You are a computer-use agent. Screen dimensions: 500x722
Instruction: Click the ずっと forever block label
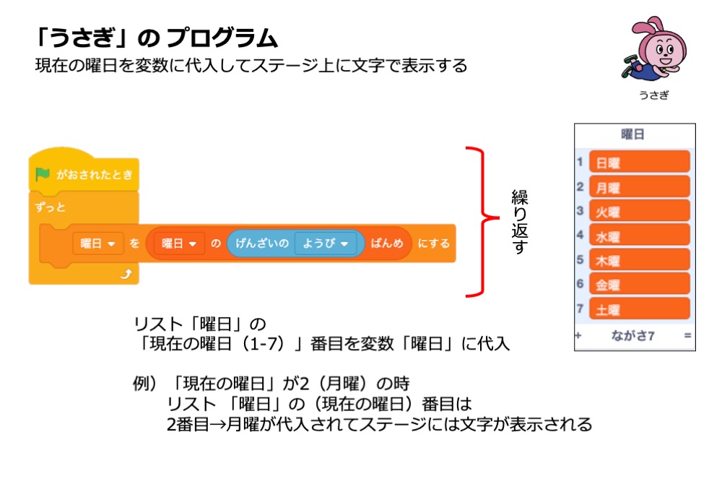pyautogui.click(x=51, y=208)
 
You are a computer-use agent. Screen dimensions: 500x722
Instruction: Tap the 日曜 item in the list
pyautogui.click(x=639, y=163)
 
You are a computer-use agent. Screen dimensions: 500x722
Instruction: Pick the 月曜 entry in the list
pyautogui.click(x=639, y=187)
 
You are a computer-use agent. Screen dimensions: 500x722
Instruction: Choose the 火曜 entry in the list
pyautogui.click(x=639, y=212)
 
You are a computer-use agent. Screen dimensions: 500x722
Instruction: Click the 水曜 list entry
pyautogui.click(x=639, y=236)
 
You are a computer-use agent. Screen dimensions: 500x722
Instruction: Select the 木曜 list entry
pyautogui.click(x=639, y=260)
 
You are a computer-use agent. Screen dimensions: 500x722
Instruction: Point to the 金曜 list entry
pyautogui.click(x=639, y=285)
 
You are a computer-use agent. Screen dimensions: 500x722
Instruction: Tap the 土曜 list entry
pyautogui.click(x=639, y=309)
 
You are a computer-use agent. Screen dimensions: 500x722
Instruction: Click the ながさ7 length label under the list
pyautogui.click(x=632, y=336)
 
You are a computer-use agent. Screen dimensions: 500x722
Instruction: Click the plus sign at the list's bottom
pyautogui.click(x=578, y=336)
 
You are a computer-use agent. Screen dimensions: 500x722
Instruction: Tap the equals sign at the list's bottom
pyautogui.click(x=687, y=336)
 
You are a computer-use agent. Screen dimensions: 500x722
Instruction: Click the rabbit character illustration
pyautogui.click(x=651, y=51)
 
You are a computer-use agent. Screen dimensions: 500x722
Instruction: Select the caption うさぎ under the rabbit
pyautogui.click(x=653, y=95)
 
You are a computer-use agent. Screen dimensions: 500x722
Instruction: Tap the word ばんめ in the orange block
pyautogui.click(x=387, y=244)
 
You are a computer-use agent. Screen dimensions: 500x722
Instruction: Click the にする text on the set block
pyautogui.click(x=433, y=244)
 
